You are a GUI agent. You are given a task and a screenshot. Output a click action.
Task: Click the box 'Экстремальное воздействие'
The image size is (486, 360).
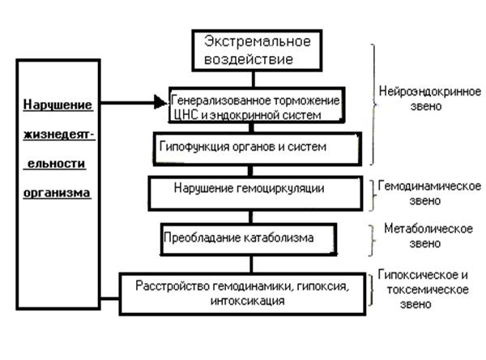coord(252,50)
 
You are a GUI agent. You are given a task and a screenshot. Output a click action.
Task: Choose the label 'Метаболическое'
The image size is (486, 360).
coord(429,229)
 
